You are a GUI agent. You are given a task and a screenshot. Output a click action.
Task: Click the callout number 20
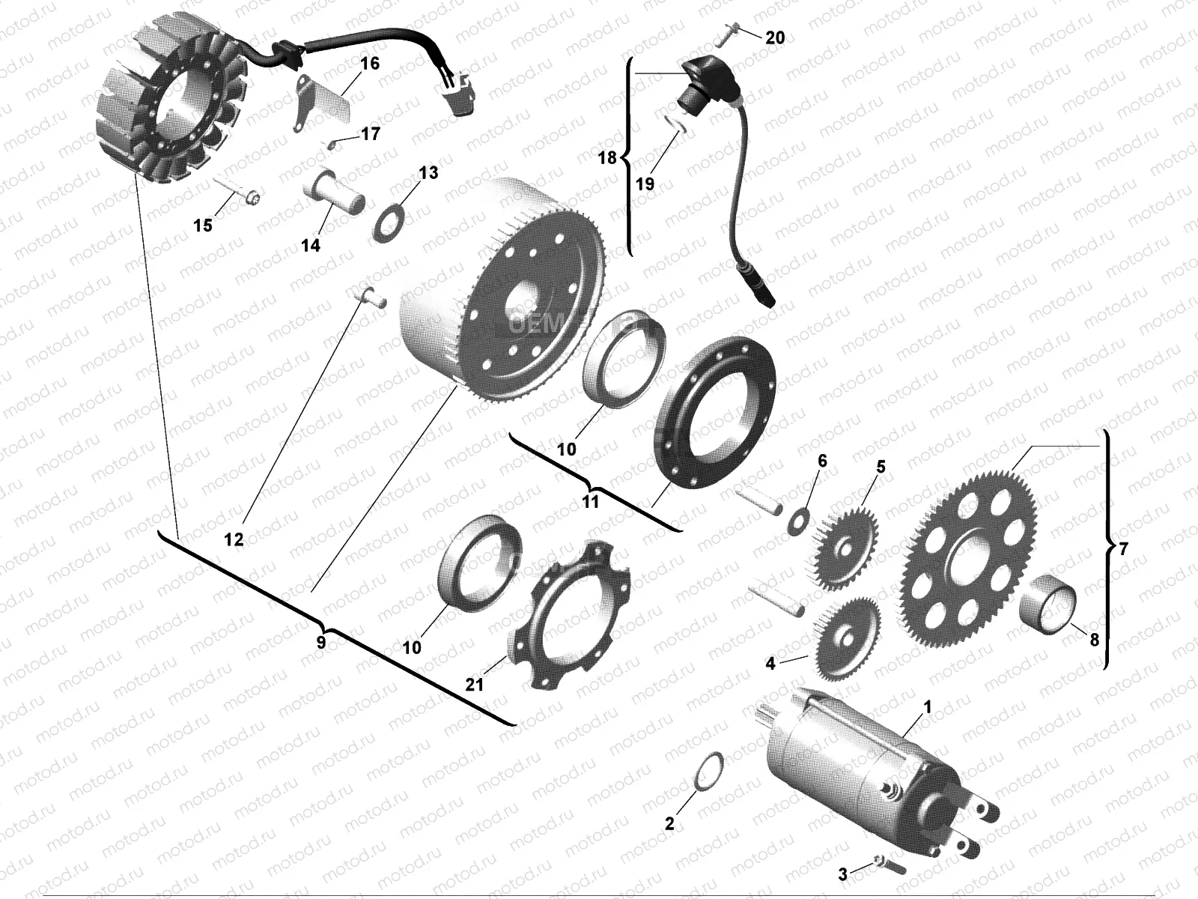click(775, 37)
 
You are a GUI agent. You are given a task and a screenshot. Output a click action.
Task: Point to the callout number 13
click(428, 173)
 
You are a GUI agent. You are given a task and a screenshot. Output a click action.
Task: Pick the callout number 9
click(320, 643)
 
